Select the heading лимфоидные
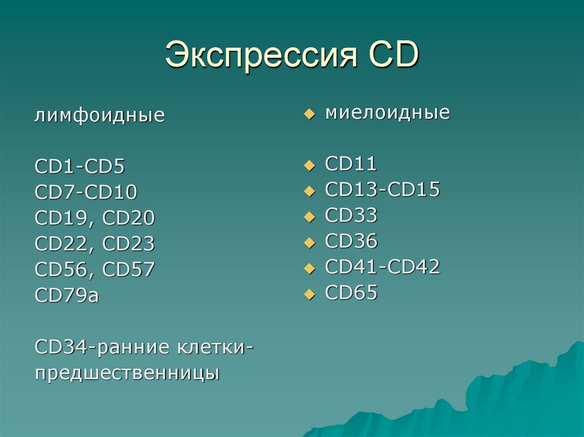click(x=100, y=116)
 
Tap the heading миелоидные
click(x=387, y=112)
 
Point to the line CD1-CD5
click(x=79, y=167)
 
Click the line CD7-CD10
click(x=86, y=193)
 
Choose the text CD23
click(x=128, y=244)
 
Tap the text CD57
click(x=128, y=269)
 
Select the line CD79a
click(x=67, y=295)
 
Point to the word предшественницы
click(x=127, y=374)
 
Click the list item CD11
click(x=351, y=164)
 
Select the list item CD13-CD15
click(x=382, y=190)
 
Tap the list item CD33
click(x=351, y=215)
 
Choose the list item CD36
click(x=351, y=242)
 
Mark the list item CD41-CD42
click(x=382, y=267)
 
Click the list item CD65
click(x=351, y=293)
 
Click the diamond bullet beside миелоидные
click(x=309, y=115)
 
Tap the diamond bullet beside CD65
click(x=309, y=295)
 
